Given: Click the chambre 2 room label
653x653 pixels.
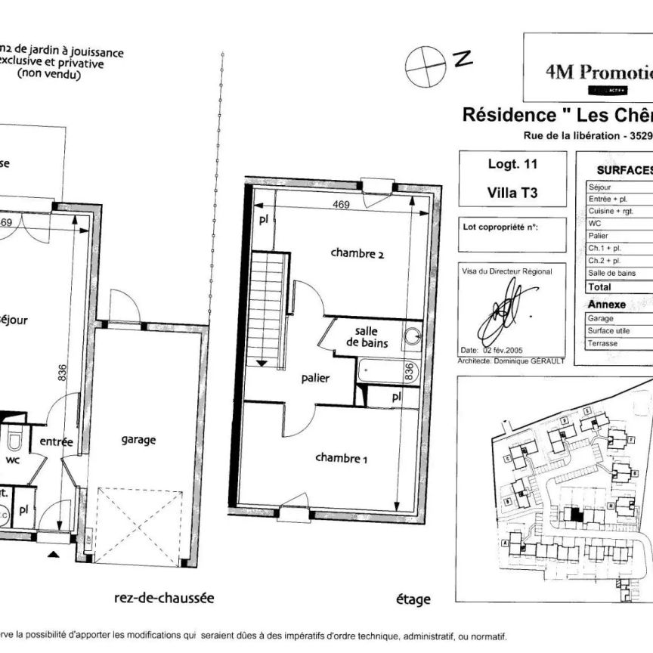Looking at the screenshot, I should (357, 254).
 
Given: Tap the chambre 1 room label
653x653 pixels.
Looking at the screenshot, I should (341, 457).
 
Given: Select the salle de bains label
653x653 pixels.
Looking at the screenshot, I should (367, 337).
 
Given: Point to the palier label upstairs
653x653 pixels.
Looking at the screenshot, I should (314, 378).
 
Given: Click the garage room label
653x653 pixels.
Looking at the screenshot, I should (138, 439).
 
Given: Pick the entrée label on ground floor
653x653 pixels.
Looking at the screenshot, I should (56, 442).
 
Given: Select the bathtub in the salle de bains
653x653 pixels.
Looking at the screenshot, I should (382, 371).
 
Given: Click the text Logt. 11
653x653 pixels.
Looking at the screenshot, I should (512, 162).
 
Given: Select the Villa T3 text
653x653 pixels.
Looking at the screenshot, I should (512, 192).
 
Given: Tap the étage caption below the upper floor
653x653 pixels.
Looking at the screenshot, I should (413, 599).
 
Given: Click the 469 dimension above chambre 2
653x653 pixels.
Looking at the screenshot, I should (343, 205).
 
